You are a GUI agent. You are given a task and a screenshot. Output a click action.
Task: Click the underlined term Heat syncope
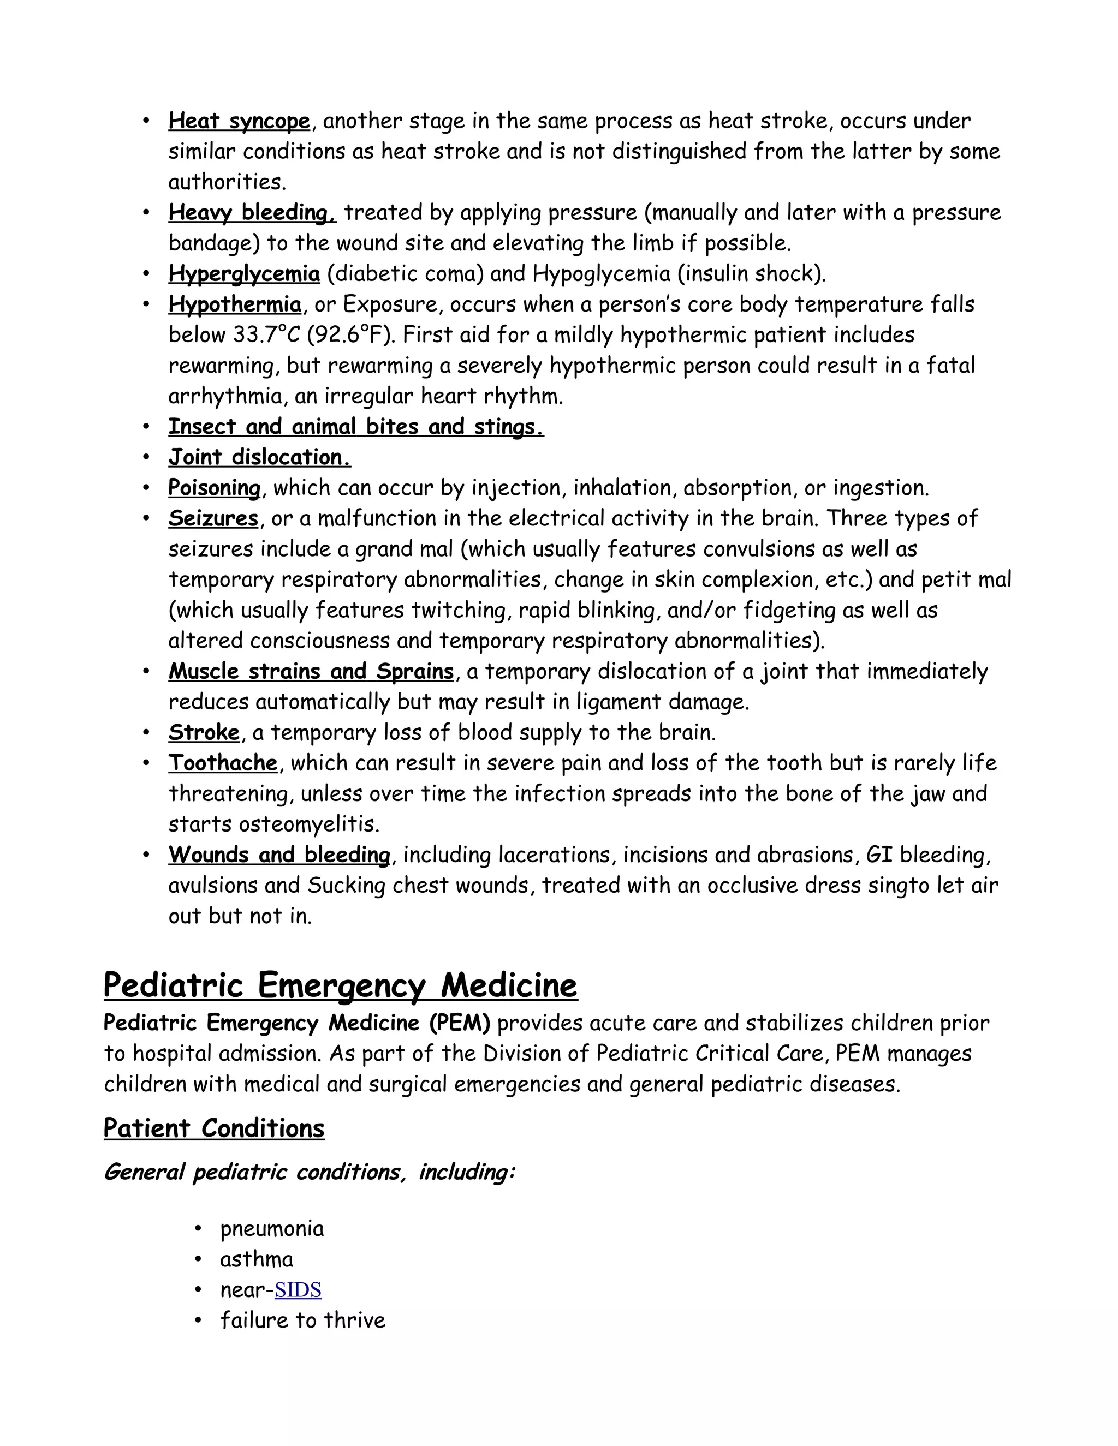click(x=239, y=122)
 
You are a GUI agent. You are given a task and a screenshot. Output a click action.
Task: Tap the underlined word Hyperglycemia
click(x=243, y=274)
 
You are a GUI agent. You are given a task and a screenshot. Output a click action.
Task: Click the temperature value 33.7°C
click(x=267, y=335)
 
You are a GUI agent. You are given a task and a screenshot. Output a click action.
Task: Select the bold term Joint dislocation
click(x=259, y=457)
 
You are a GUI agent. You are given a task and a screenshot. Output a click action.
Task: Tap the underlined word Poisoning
click(x=215, y=488)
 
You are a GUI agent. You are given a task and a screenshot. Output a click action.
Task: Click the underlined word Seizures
click(x=212, y=518)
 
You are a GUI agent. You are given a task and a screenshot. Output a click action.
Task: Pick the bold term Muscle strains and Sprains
click(x=311, y=671)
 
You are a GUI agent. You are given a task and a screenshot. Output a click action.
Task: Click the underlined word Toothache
click(x=223, y=763)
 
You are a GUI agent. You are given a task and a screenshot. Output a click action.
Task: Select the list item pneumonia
click(x=271, y=1229)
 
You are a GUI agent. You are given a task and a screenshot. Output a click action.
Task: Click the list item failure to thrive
click(x=302, y=1320)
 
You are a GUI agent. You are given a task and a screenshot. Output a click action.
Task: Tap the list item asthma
click(x=257, y=1259)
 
